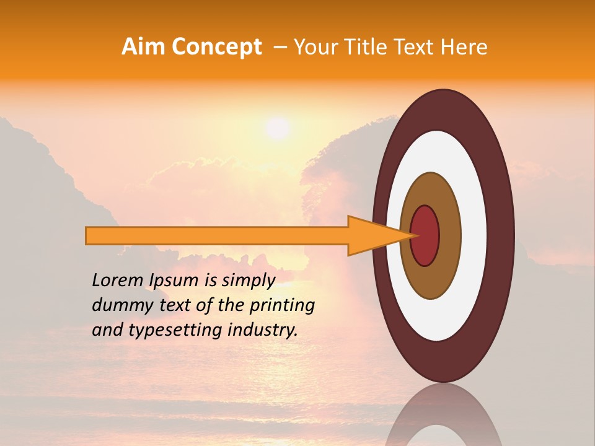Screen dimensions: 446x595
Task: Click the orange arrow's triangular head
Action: click(x=372, y=236)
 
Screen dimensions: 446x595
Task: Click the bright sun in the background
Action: click(x=277, y=128)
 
